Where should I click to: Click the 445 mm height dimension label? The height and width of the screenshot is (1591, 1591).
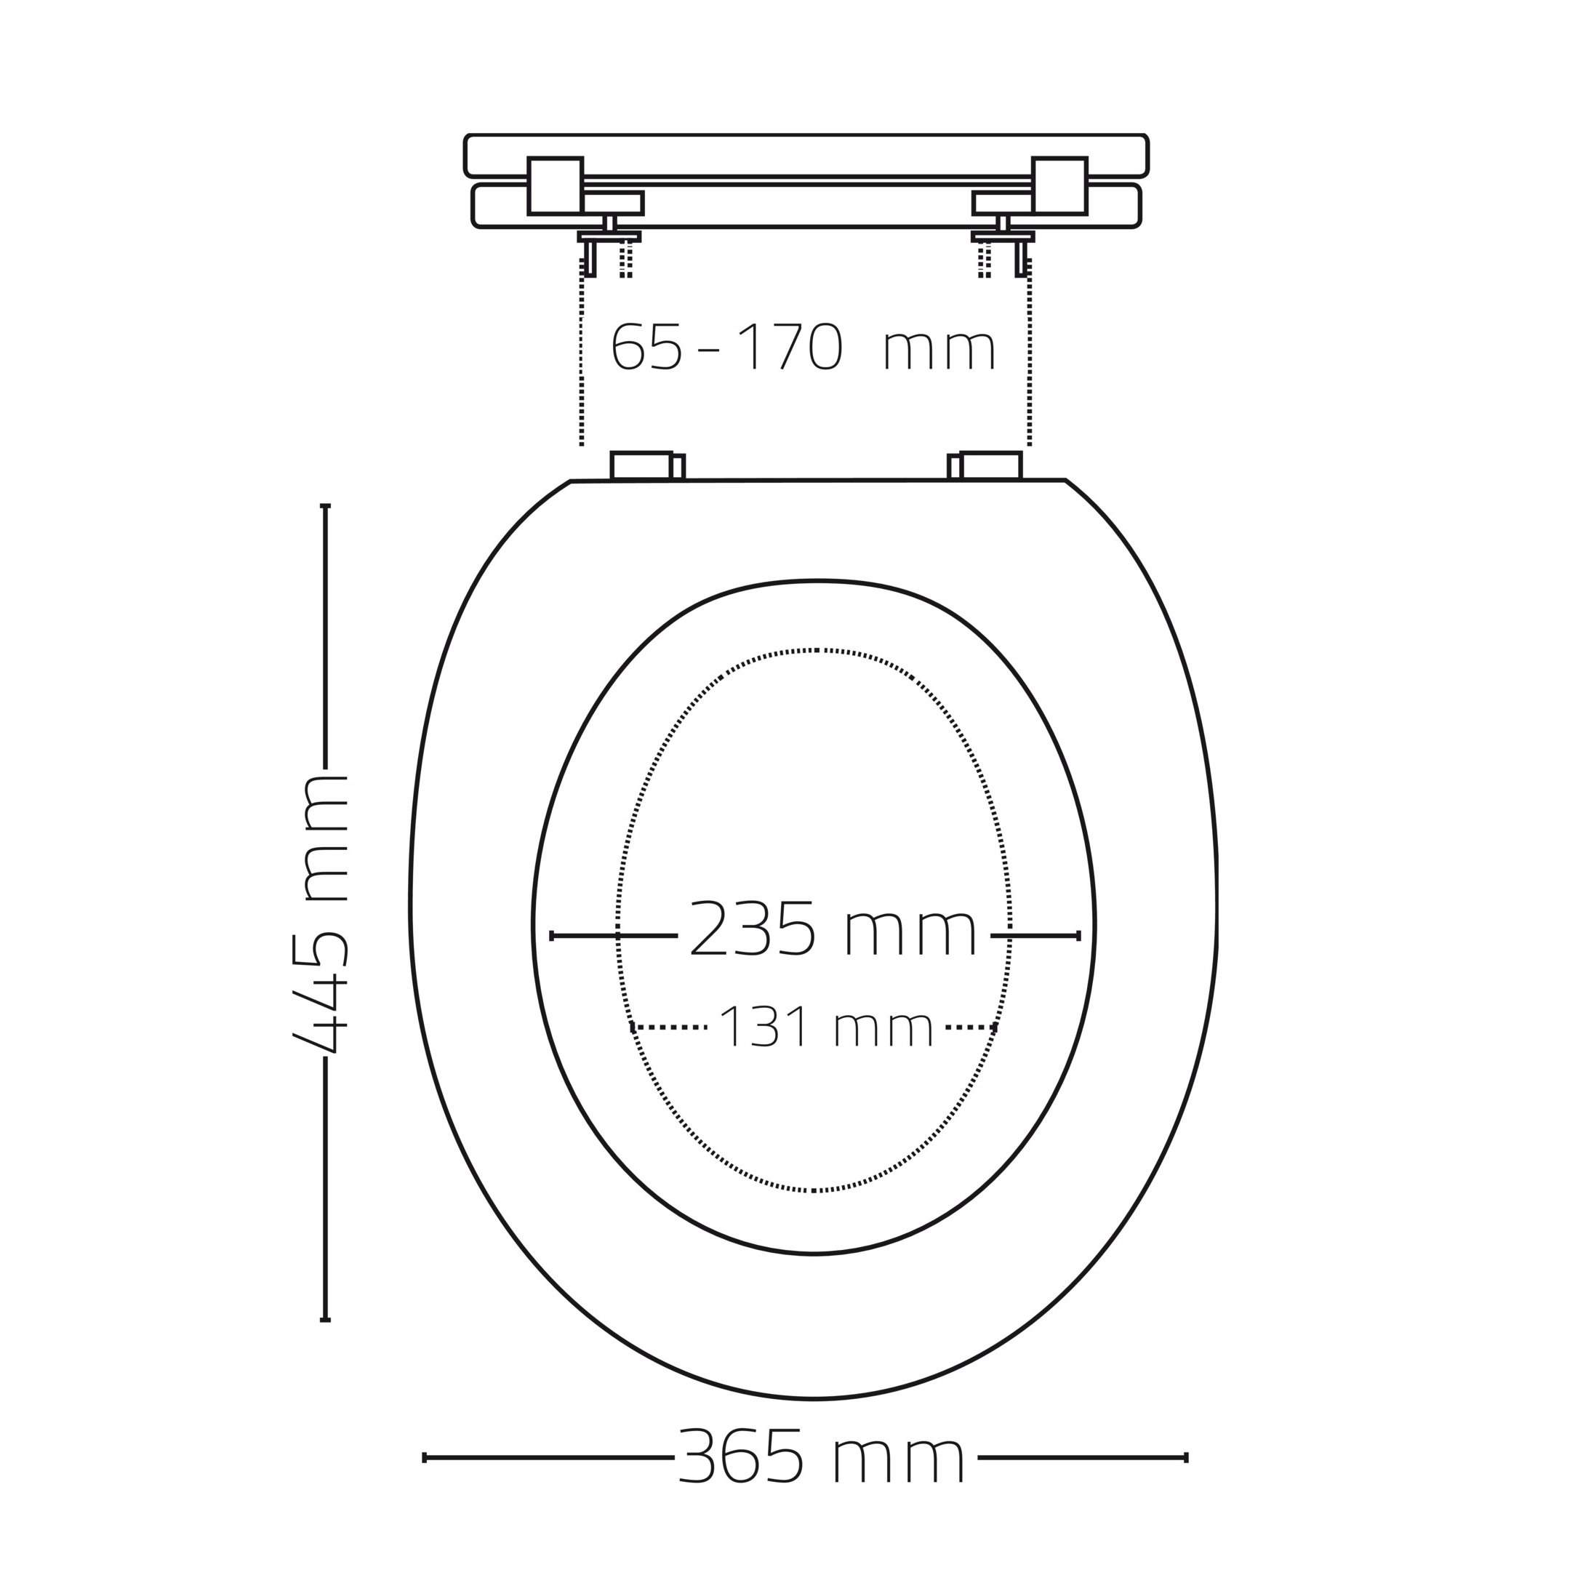point(322,913)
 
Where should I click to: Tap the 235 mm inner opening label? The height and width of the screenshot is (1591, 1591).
point(833,929)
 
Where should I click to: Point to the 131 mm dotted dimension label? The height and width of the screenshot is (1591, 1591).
point(826,1027)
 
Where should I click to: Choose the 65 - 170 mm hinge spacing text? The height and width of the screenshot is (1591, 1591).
point(803,347)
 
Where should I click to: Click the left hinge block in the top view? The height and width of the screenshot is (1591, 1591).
point(555,186)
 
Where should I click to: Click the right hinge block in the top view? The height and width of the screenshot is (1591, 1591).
point(1060,186)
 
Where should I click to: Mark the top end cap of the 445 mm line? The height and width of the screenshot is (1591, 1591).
point(325,505)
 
